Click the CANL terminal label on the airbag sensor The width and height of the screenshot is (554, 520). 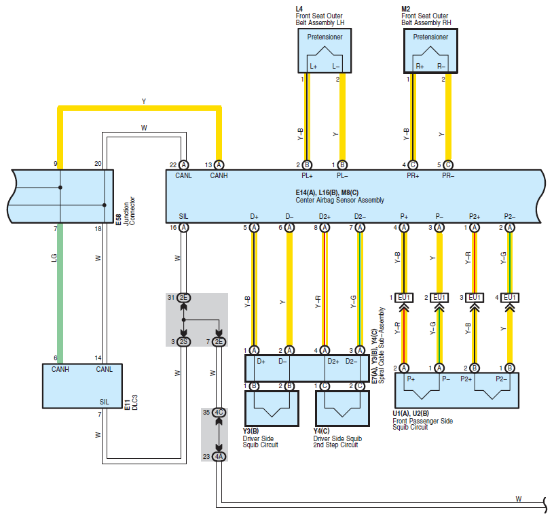(183, 175)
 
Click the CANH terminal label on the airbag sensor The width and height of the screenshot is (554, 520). (219, 175)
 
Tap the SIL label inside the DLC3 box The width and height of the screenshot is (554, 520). (105, 402)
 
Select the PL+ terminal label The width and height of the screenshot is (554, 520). (307, 175)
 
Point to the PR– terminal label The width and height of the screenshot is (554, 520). (448, 175)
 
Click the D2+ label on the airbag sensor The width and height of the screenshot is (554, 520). (325, 216)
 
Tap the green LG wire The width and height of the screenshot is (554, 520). (60, 293)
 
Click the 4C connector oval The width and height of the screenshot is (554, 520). (219, 413)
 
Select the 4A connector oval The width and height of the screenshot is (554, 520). (219, 457)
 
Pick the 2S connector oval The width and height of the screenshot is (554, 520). (183, 342)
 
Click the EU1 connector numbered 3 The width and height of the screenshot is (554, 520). (475, 298)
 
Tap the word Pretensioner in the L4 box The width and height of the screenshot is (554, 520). (325, 37)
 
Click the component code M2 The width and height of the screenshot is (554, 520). (405, 10)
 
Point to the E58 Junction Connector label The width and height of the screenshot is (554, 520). (125, 211)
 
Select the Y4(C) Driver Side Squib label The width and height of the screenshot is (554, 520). (337, 438)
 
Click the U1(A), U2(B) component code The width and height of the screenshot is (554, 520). (411, 413)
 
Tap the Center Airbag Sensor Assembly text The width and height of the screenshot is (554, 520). (339, 201)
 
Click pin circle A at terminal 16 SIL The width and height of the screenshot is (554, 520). (183, 228)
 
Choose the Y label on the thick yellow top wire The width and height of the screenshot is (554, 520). (144, 101)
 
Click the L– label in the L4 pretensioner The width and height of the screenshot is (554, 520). (335, 66)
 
